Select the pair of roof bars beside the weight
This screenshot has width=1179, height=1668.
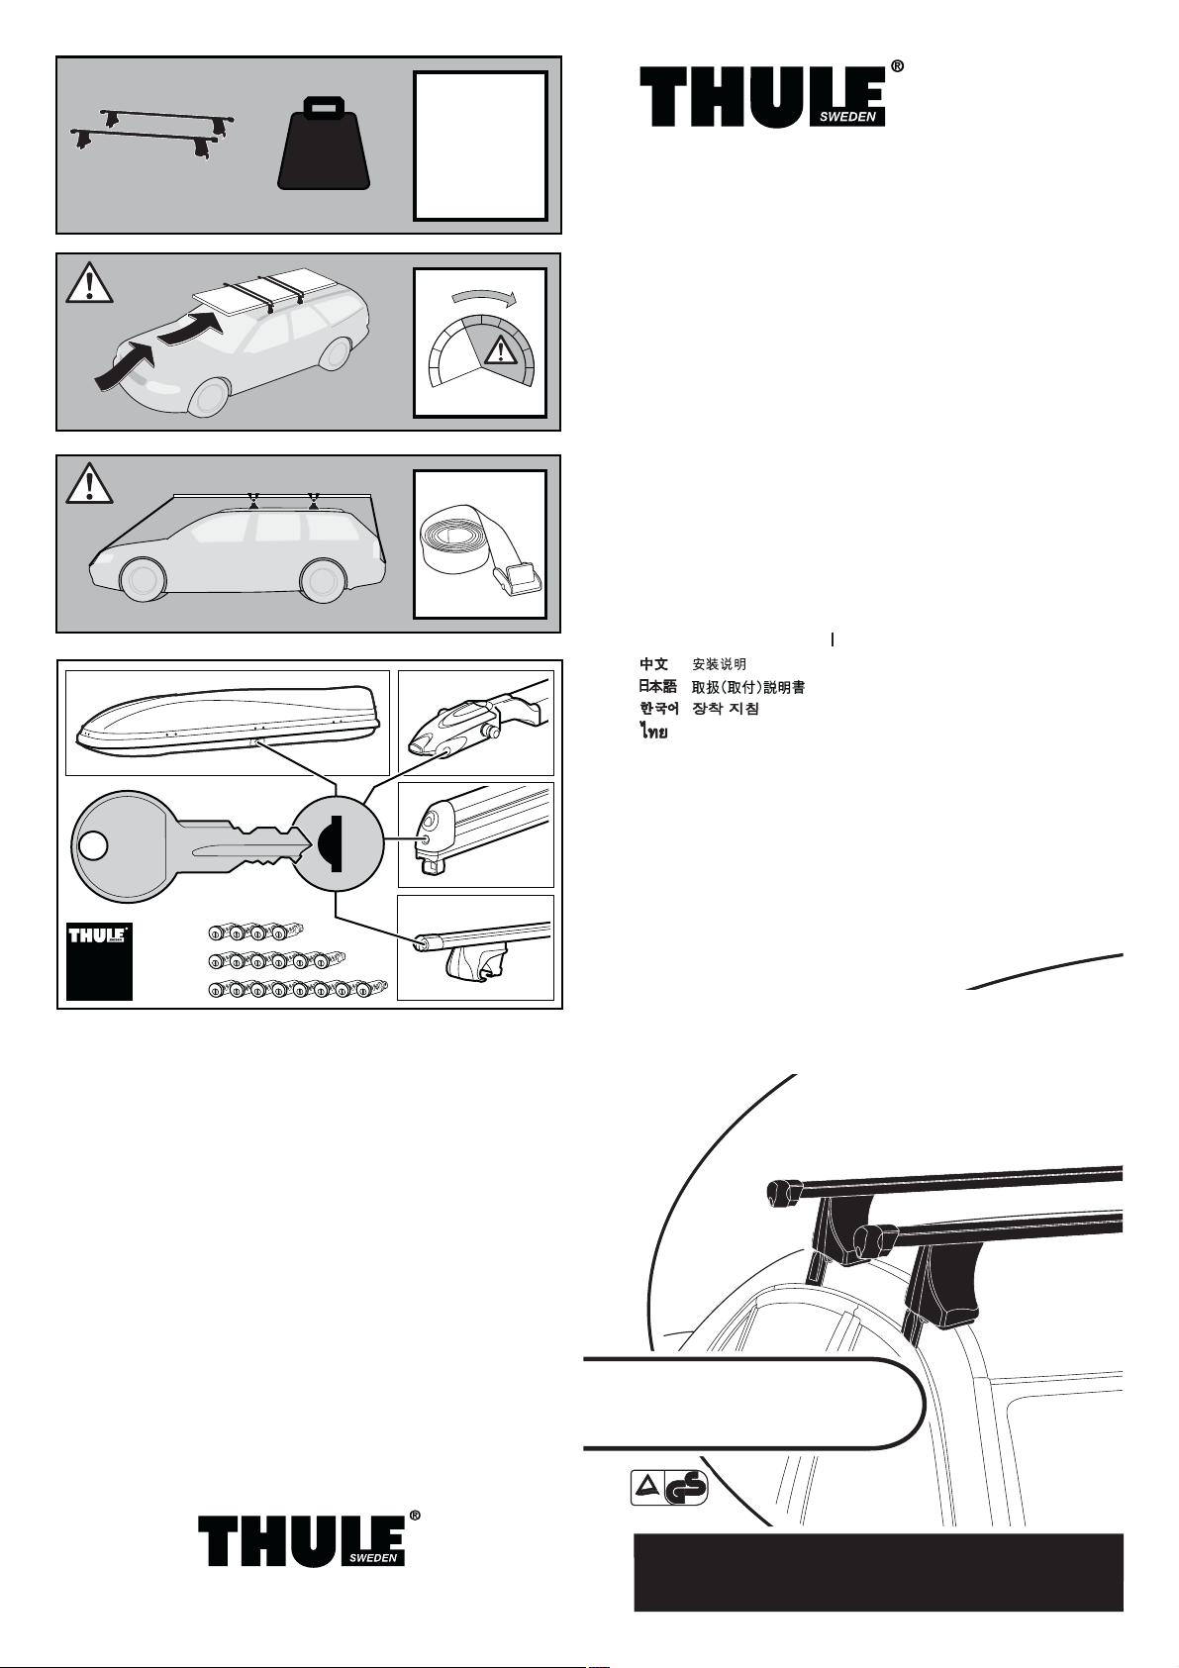152,134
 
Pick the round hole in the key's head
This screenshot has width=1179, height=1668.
93,846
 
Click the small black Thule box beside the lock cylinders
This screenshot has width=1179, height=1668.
99,961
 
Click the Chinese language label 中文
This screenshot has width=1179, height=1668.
653,663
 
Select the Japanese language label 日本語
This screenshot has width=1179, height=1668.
657,686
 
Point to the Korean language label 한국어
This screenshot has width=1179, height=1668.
659,708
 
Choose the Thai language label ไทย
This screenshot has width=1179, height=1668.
653,732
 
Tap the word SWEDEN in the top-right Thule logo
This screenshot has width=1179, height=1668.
847,117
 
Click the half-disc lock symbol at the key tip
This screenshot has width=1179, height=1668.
331,843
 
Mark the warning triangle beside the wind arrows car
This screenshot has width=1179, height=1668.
89,282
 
